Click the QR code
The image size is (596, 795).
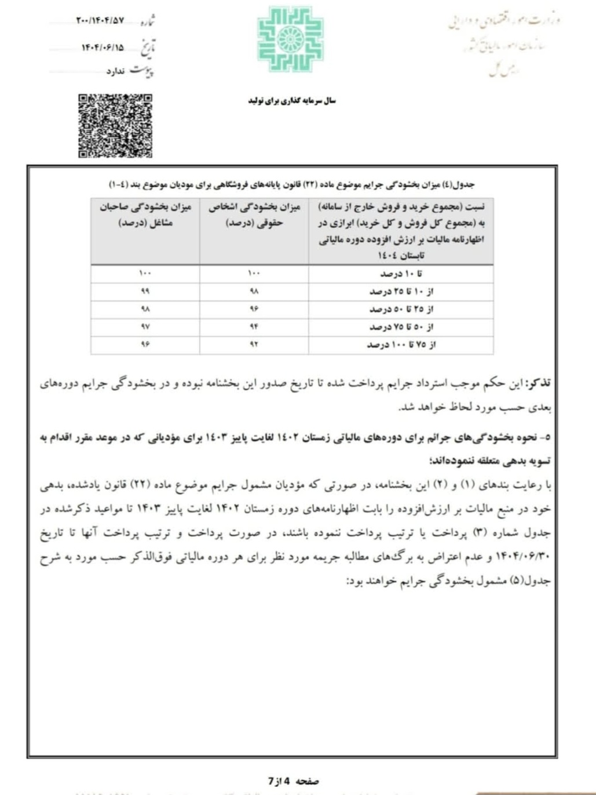tap(115, 126)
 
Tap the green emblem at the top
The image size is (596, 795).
tap(290, 39)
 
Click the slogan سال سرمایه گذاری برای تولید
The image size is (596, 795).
tap(292, 101)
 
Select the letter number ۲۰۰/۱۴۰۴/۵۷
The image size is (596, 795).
tap(100, 21)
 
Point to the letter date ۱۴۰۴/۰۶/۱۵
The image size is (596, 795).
tap(102, 48)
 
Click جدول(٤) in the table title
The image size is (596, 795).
tap(459, 184)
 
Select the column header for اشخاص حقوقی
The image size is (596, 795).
tap(254, 215)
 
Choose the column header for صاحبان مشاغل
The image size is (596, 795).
tap(145, 215)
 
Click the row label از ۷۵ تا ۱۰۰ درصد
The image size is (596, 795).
tap(401, 345)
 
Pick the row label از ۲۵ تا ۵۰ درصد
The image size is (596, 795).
tap(401, 309)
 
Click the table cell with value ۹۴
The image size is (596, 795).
tap(254, 327)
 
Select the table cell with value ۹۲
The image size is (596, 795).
tap(254, 345)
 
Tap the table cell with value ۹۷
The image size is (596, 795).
tap(145, 327)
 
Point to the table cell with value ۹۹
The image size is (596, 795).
tap(145, 291)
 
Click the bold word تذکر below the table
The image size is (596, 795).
tap(538, 383)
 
